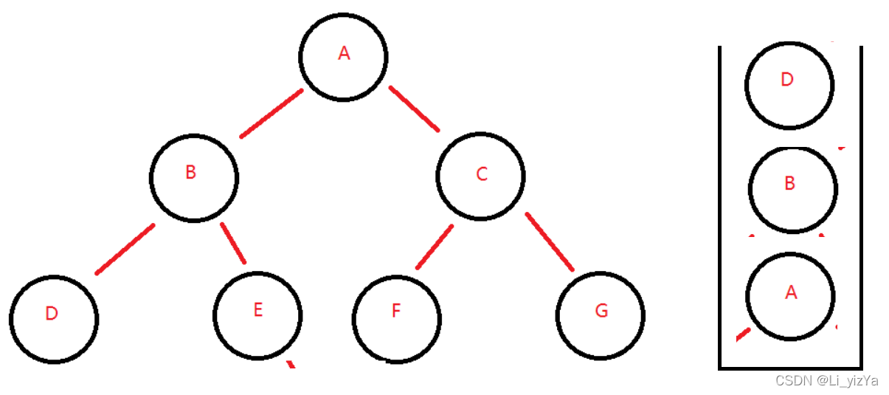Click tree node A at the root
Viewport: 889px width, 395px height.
click(343, 56)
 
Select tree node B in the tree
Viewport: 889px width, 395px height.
click(194, 177)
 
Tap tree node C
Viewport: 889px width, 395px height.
click(480, 176)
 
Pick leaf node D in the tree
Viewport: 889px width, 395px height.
click(54, 319)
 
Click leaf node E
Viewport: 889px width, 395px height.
click(257, 315)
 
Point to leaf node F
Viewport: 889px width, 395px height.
click(397, 317)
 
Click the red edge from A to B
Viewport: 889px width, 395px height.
click(271, 114)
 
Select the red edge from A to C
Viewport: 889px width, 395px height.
click(414, 109)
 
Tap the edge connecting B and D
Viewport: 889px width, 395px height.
click(125, 249)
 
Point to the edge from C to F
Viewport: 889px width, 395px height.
click(434, 247)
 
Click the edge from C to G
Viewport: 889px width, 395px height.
click(550, 242)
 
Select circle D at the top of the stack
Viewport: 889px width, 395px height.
click(789, 84)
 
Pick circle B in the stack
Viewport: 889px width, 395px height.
click(792, 188)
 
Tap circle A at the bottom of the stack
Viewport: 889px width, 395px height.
click(790, 295)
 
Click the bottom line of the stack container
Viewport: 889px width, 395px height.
click(790, 367)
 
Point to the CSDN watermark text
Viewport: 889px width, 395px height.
click(826, 381)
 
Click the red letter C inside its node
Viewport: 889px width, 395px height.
click(482, 174)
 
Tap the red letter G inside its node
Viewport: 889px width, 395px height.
click(601, 311)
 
